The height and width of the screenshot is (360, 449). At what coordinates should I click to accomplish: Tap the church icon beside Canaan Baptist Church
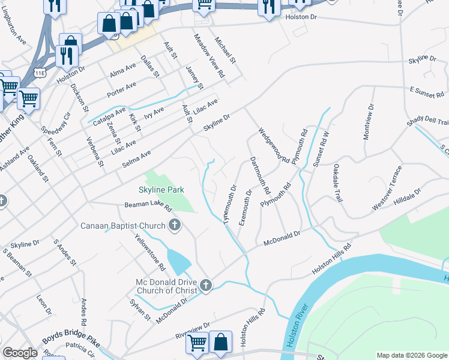[x=175, y=226]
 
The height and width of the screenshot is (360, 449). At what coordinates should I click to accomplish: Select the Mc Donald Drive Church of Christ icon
[x=206, y=286]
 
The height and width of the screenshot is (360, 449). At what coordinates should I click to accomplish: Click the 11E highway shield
[x=40, y=73]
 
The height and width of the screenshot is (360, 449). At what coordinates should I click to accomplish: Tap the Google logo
[x=20, y=353]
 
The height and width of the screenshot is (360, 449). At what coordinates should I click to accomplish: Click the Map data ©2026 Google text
[x=411, y=355]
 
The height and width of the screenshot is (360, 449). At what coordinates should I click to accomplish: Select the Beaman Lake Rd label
[x=148, y=206]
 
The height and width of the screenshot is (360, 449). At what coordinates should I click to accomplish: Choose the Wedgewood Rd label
[x=274, y=145]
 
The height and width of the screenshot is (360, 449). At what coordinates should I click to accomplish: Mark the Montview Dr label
[x=368, y=122]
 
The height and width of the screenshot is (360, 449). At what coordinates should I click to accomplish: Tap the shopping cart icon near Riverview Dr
[x=197, y=343]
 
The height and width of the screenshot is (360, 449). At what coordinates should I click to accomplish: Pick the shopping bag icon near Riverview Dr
[x=221, y=341]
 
